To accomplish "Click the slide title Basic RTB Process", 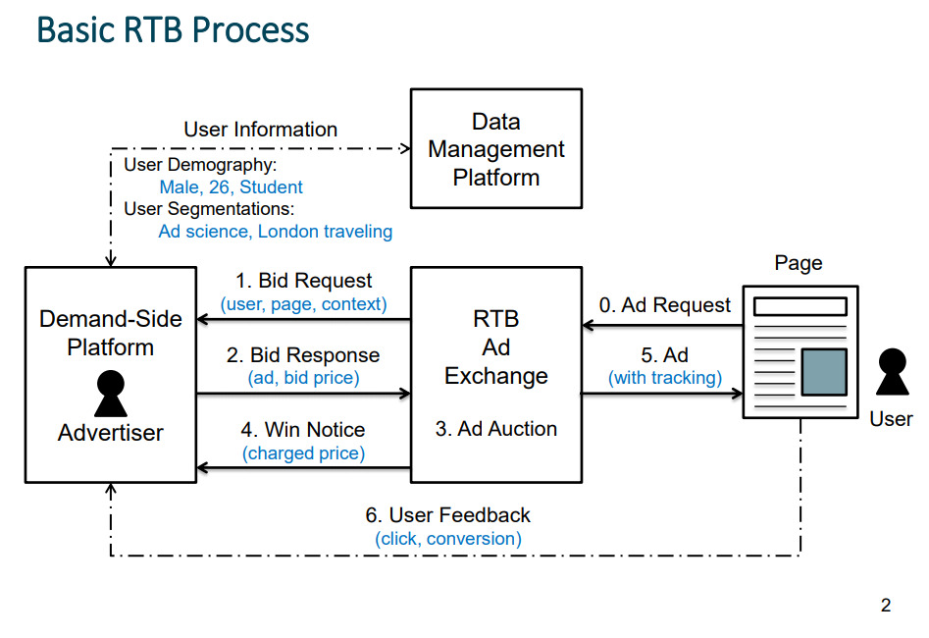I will pos(173,30).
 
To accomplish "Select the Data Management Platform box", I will pos(495,149).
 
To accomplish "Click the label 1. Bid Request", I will pos(303,282).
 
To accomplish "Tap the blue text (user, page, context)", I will pos(303,304).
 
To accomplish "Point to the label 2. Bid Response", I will pos(303,354).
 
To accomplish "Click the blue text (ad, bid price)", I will pos(303,377).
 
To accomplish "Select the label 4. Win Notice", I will pos(303,430).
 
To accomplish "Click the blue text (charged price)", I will pos(303,453).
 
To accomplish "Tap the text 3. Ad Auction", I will pos(496,429).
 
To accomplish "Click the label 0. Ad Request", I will pos(665,305).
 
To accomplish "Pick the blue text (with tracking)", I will pos(665,378).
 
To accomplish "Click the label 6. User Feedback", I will pos(447,515).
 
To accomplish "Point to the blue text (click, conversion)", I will pos(447,539).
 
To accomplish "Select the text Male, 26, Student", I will pos(231,186).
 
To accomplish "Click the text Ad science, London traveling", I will pos(275,232).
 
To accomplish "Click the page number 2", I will pos(885,606).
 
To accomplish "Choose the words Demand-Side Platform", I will pos(110,333).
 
